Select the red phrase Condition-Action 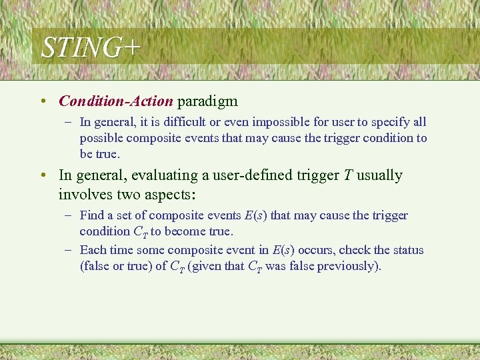116,101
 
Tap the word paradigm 207,101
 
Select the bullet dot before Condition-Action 43,102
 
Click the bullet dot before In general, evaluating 43,176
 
